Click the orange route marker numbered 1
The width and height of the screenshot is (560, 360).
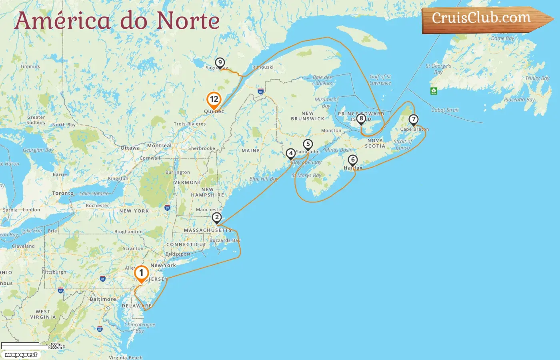coord(141,274)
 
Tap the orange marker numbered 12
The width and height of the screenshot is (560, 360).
coord(214,100)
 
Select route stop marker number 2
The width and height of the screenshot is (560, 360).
coord(217,218)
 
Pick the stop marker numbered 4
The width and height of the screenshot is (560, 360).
coord(291,153)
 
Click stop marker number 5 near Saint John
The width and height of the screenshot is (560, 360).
coord(308,144)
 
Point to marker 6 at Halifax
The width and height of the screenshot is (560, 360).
coord(352,160)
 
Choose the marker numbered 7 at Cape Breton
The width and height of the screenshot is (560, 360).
coord(413,119)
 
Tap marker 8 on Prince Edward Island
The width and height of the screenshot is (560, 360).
coord(361,118)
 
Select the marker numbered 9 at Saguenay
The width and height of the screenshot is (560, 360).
coord(220,63)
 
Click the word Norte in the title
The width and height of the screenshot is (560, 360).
coord(188,21)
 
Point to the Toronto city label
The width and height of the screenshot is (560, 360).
coord(63,193)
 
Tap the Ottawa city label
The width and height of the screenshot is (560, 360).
coord(130,148)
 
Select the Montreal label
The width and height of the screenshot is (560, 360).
coord(159,146)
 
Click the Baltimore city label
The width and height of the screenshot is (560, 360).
coord(103,299)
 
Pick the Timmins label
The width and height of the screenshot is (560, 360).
coord(30,66)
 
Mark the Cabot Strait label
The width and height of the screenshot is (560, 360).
coord(445,110)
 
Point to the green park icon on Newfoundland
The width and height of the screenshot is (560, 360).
coord(434,91)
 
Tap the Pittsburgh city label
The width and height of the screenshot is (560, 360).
coord(54,272)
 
